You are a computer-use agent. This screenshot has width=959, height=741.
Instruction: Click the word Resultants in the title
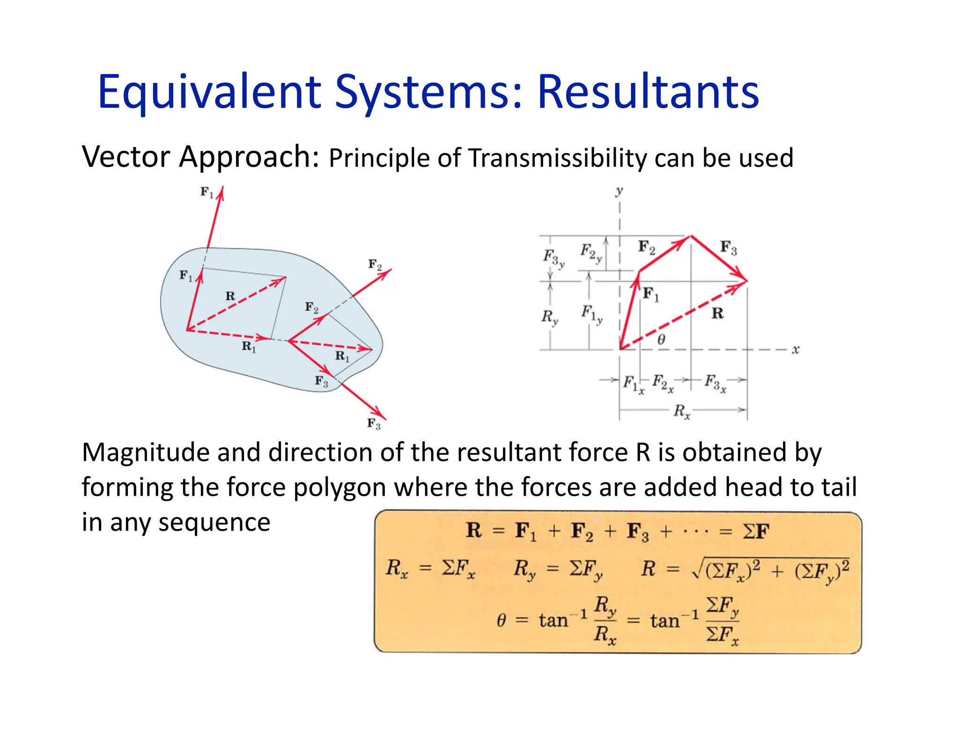coord(648,92)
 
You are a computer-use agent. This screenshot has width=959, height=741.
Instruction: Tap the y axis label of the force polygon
coord(619,191)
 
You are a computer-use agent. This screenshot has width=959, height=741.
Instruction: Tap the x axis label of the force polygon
coord(795,349)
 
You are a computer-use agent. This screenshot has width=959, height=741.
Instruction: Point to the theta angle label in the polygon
coord(661,339)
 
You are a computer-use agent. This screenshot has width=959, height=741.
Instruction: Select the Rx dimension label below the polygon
coord(682,411)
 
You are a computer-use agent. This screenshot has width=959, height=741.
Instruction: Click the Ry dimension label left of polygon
coord(550,317)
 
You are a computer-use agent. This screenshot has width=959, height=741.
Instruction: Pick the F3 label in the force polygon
coord(728,247)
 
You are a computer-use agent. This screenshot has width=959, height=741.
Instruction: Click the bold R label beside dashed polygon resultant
coord(717,313)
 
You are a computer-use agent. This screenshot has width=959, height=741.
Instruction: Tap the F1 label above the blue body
coord(207,192)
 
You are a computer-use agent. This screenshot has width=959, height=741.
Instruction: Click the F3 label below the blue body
coord(373,424)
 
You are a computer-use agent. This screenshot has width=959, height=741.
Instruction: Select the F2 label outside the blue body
coord(375,265)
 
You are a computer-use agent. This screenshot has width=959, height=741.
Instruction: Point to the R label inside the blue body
coord(230,296)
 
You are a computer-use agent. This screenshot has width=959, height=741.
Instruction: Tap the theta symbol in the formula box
coord(501,621)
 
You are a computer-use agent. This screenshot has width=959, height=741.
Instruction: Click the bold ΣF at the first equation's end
coord(756,531)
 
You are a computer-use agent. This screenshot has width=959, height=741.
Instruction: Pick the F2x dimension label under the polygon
coord(663,383)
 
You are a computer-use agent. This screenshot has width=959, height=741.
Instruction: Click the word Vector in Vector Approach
coord(125,157)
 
